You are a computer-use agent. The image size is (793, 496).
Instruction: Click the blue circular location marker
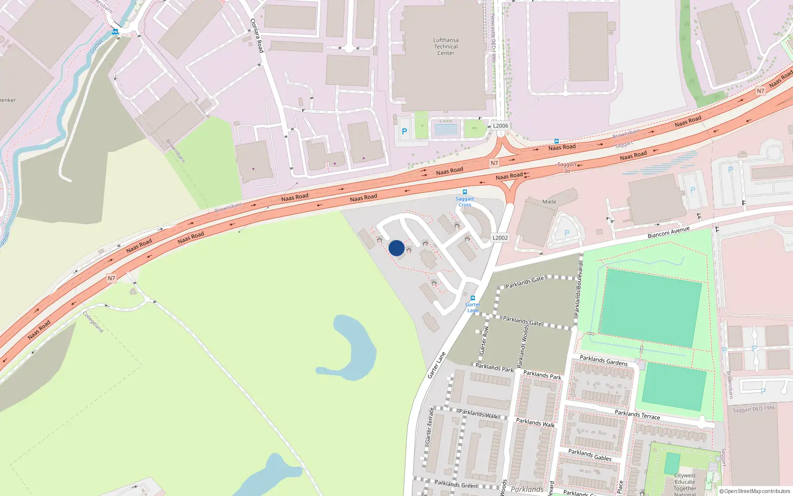(396, 248)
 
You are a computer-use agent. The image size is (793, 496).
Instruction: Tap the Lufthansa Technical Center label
(446, 47)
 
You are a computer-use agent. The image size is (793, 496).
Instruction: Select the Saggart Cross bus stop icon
(465, 192)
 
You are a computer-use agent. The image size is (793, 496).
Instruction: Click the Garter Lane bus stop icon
(473, 298)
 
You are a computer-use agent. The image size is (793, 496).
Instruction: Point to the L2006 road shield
(501, 125)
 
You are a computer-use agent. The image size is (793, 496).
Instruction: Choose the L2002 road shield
(500, 238)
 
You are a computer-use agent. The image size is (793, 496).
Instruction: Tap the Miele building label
(549, 202)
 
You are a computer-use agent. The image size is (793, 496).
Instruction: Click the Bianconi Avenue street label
(668, 233)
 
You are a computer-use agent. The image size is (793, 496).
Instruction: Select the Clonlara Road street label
(257, 36)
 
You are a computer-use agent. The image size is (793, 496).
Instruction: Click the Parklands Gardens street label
(604, 361)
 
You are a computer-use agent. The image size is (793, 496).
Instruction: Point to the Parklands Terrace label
(637, 415)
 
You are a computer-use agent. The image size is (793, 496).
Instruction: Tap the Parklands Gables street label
(590, 455)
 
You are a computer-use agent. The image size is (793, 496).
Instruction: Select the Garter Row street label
(484, 340)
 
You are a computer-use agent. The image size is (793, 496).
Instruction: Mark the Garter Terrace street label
(430, 425)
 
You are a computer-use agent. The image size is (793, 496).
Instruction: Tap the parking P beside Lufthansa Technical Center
(404, 131)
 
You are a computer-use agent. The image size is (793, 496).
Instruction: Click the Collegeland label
(93, 322)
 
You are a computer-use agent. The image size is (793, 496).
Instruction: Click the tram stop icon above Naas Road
(557, 141)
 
